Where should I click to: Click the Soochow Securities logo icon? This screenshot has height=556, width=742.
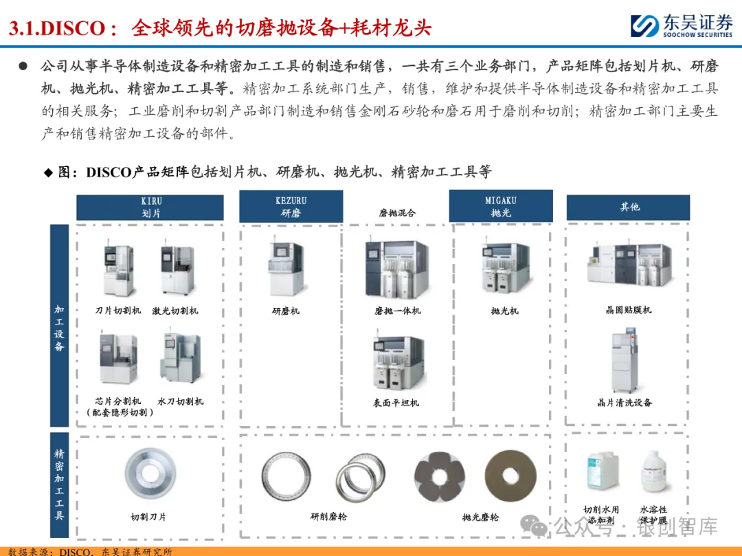click(645, 25)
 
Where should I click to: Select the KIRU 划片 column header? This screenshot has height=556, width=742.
click(150, 208)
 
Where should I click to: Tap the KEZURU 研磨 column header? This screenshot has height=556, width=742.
click(291, 206)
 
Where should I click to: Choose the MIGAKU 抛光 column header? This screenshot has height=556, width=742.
click(501, 206)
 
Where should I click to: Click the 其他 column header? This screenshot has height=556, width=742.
click(629, 208)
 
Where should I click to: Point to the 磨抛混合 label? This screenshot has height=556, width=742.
click(397, 213)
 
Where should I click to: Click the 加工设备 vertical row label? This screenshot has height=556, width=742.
click(59, 326)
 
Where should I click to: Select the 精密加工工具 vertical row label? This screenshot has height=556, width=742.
click(59, 485)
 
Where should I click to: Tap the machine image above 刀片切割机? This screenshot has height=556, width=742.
click(118, 269)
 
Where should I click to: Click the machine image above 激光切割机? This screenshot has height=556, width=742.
click(177, 268)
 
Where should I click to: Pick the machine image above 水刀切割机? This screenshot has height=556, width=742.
click(180, 358)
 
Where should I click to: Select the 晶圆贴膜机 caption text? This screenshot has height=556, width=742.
click(629, 310)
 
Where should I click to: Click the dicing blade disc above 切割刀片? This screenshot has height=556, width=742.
click(150, 474)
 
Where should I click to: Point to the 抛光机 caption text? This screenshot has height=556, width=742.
click(504, 311)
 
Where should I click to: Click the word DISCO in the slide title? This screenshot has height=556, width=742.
click(73, 28)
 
